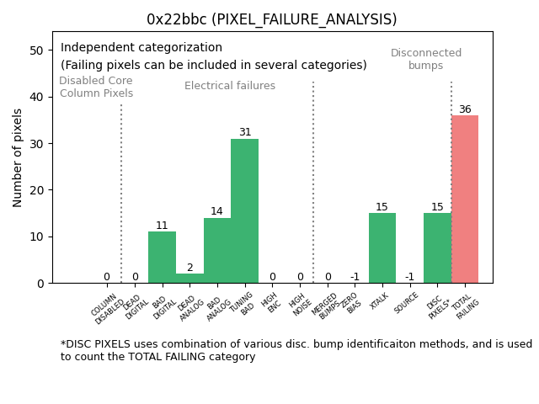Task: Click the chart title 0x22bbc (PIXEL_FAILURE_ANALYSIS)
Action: [271, 19]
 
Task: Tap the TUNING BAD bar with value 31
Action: [244, 210]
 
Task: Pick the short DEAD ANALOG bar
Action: [189, 279]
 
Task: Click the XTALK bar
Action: [382, 248]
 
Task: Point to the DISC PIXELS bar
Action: [437, 248]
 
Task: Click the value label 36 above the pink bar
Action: [465, 109]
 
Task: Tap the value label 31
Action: [244, 133]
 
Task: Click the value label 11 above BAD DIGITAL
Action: [162, 226]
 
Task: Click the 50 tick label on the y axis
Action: [37, 50]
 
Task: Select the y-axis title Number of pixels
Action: [18, 157]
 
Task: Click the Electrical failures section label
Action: [230, 86]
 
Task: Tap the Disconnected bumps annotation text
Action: [426, 60]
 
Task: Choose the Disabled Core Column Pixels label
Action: [96, 88]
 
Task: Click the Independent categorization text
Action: [141, 48]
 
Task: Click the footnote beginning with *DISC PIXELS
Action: [296, 350]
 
